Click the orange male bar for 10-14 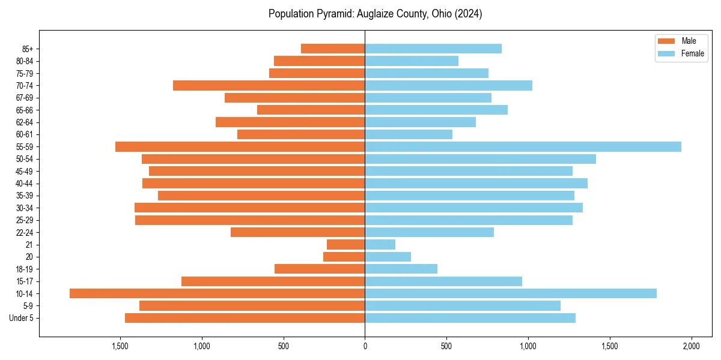[x=217, y=293]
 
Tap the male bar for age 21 [x=345, y=244]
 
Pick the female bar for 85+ [x=433, y=49]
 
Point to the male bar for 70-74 [x=269, y=85]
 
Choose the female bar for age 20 [x=388, y=257]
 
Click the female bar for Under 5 [x=470, y=318]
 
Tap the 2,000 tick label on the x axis [x=691, y=347]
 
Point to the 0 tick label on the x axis [x=365, y=347]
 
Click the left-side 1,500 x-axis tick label [x=120, y=347]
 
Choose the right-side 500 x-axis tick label [x=446, y=347]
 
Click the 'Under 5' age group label [x=22, y=318]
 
